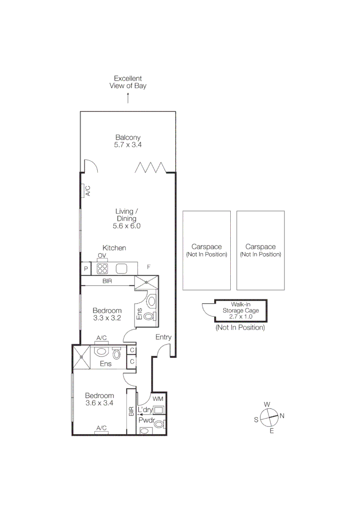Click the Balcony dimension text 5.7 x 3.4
pos(128,145)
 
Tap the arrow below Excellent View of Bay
pos(128,98)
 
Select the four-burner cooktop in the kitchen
pos(102,269)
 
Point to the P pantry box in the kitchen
pos(86,269)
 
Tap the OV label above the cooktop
pos(102,256)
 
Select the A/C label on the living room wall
pos(88,191)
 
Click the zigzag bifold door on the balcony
pos(151,167)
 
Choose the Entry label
pos(163,337)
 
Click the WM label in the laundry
pos(158,399)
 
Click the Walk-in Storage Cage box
pos(240,310)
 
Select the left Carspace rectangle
pos(207,250)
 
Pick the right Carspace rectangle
pos(260,250)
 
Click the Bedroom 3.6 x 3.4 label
pos(99,399)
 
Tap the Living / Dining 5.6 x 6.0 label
pos(127,219)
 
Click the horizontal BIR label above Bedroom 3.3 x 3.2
pos(107,281)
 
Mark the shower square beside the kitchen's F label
pos(147,282)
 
